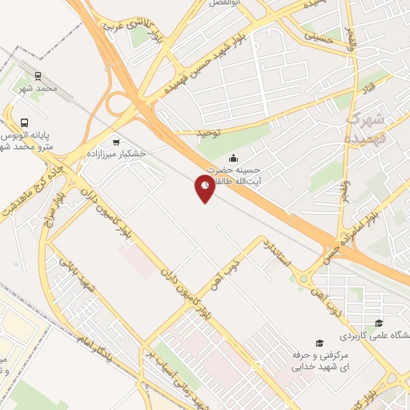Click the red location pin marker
click(x=206, y=188)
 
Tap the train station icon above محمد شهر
click(x=38, y=76)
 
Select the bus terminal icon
click(x=25, y=123)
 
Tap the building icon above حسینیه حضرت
click(x=233, y=158)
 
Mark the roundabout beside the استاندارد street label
click(x=304, y=279)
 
